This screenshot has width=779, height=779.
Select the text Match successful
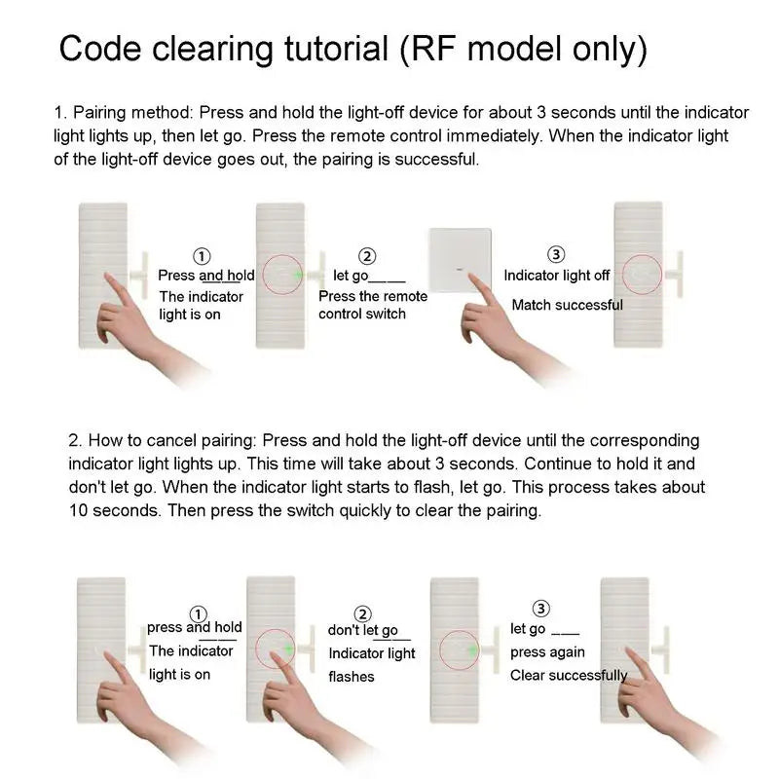(567, 305)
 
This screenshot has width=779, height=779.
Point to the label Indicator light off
(556, 276)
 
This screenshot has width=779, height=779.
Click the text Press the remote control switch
(372, 305)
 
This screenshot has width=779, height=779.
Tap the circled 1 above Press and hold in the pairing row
(202, 256)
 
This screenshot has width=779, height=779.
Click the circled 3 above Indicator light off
(556, 255)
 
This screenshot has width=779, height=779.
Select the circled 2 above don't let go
(362, 613)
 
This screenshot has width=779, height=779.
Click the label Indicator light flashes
(371, 664)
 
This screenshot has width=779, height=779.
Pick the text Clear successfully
(569, 675)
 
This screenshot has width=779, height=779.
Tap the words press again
(547, 651)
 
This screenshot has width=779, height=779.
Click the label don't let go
(362, 631)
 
